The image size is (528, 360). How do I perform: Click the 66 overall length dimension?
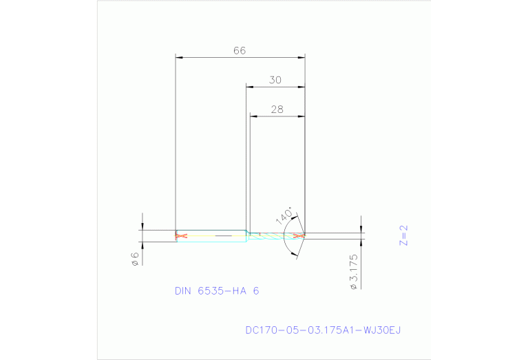(x=240, y=50)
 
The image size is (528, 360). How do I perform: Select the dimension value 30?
(x=275, y=80)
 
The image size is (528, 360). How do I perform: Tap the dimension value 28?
(x=277, y=109)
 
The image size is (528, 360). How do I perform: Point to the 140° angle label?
(x=284, y=214)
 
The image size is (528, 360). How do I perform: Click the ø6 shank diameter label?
(x=136, y=258)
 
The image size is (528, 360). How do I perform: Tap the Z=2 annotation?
(x=404, y=235)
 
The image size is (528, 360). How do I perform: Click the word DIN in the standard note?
(x=183, y=291)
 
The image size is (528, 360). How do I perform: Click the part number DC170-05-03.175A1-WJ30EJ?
(x=323, y=330)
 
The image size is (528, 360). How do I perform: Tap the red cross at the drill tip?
(x=299, y=236)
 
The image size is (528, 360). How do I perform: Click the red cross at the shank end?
(x=181, y=236)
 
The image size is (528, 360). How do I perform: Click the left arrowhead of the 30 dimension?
(x=251, y=87)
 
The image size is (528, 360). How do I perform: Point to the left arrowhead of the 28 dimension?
(x=253, y=116)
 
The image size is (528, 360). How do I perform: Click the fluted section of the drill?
(x=272, y=236)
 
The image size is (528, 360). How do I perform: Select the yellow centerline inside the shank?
(x=213, y=236)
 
